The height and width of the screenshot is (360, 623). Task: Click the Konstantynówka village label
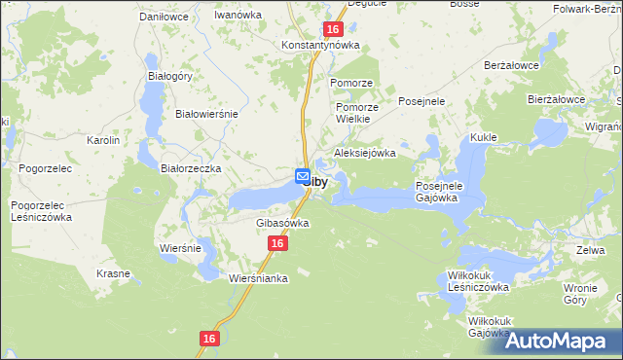tap(320, 46)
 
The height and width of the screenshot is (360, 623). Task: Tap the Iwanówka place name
tap(239, 17)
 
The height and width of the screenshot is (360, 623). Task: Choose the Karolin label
tap(103, 141)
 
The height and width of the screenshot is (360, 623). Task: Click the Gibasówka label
tap(282, 223)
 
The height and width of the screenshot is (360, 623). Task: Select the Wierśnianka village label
tap(259, 278)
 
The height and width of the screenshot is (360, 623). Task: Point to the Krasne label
tap(113, 274)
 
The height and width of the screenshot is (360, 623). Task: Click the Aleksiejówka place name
tap(365, 153)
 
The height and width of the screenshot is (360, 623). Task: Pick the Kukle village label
tap(484, 138)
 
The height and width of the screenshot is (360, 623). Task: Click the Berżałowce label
tap(512, 65)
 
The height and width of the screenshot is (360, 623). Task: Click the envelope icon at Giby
tap(302, 176)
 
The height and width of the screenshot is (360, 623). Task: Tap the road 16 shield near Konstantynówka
tap(332, 31)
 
